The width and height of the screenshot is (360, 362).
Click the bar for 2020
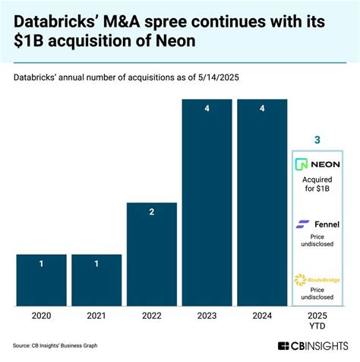point(42,281)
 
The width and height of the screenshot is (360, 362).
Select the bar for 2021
point(96,281)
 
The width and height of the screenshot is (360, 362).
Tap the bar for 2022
point(152,256)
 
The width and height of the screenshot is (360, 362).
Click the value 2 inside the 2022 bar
point(152,212)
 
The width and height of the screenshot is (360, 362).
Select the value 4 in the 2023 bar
point(207,109)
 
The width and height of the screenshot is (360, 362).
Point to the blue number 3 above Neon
point(317,140)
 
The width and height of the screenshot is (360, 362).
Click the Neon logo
point(317,164)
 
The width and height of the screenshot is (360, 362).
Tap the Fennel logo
point(317,224)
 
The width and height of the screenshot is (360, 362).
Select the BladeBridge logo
point(317,281)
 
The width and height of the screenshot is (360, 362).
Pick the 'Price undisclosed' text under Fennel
point(317,243)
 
